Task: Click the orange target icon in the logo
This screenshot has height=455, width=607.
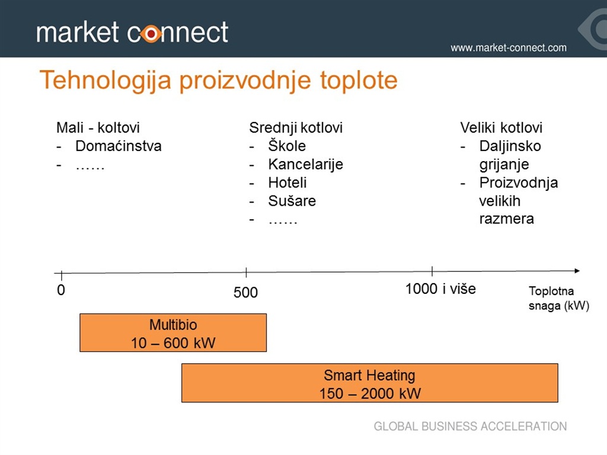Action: (151, 34)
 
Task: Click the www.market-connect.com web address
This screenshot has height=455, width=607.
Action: (508, 48)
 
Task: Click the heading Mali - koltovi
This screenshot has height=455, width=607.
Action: (98, 128)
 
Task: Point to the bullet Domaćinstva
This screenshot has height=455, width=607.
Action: (119, 146)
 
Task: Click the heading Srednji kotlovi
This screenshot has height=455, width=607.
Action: (296, 128)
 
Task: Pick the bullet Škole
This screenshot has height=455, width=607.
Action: (287, 146)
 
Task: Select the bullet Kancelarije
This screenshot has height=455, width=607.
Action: (305, 165)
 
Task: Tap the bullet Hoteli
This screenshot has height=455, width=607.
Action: (287, 182)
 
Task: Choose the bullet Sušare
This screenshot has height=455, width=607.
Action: (292, 201)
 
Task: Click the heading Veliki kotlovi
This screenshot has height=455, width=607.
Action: (501, 128)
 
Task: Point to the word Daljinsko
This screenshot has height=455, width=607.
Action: (510, 146)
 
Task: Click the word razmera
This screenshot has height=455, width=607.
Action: (506, 219)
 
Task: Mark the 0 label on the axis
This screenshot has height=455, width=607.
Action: (61, 290)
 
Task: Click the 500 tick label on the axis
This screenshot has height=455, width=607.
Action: (245, 293)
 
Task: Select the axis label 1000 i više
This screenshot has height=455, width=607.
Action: (440, 289)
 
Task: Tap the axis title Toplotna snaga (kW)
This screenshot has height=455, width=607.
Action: (558, 299)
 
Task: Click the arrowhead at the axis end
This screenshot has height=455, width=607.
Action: (577, 271)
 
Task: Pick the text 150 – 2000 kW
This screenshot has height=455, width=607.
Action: (370, 393)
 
